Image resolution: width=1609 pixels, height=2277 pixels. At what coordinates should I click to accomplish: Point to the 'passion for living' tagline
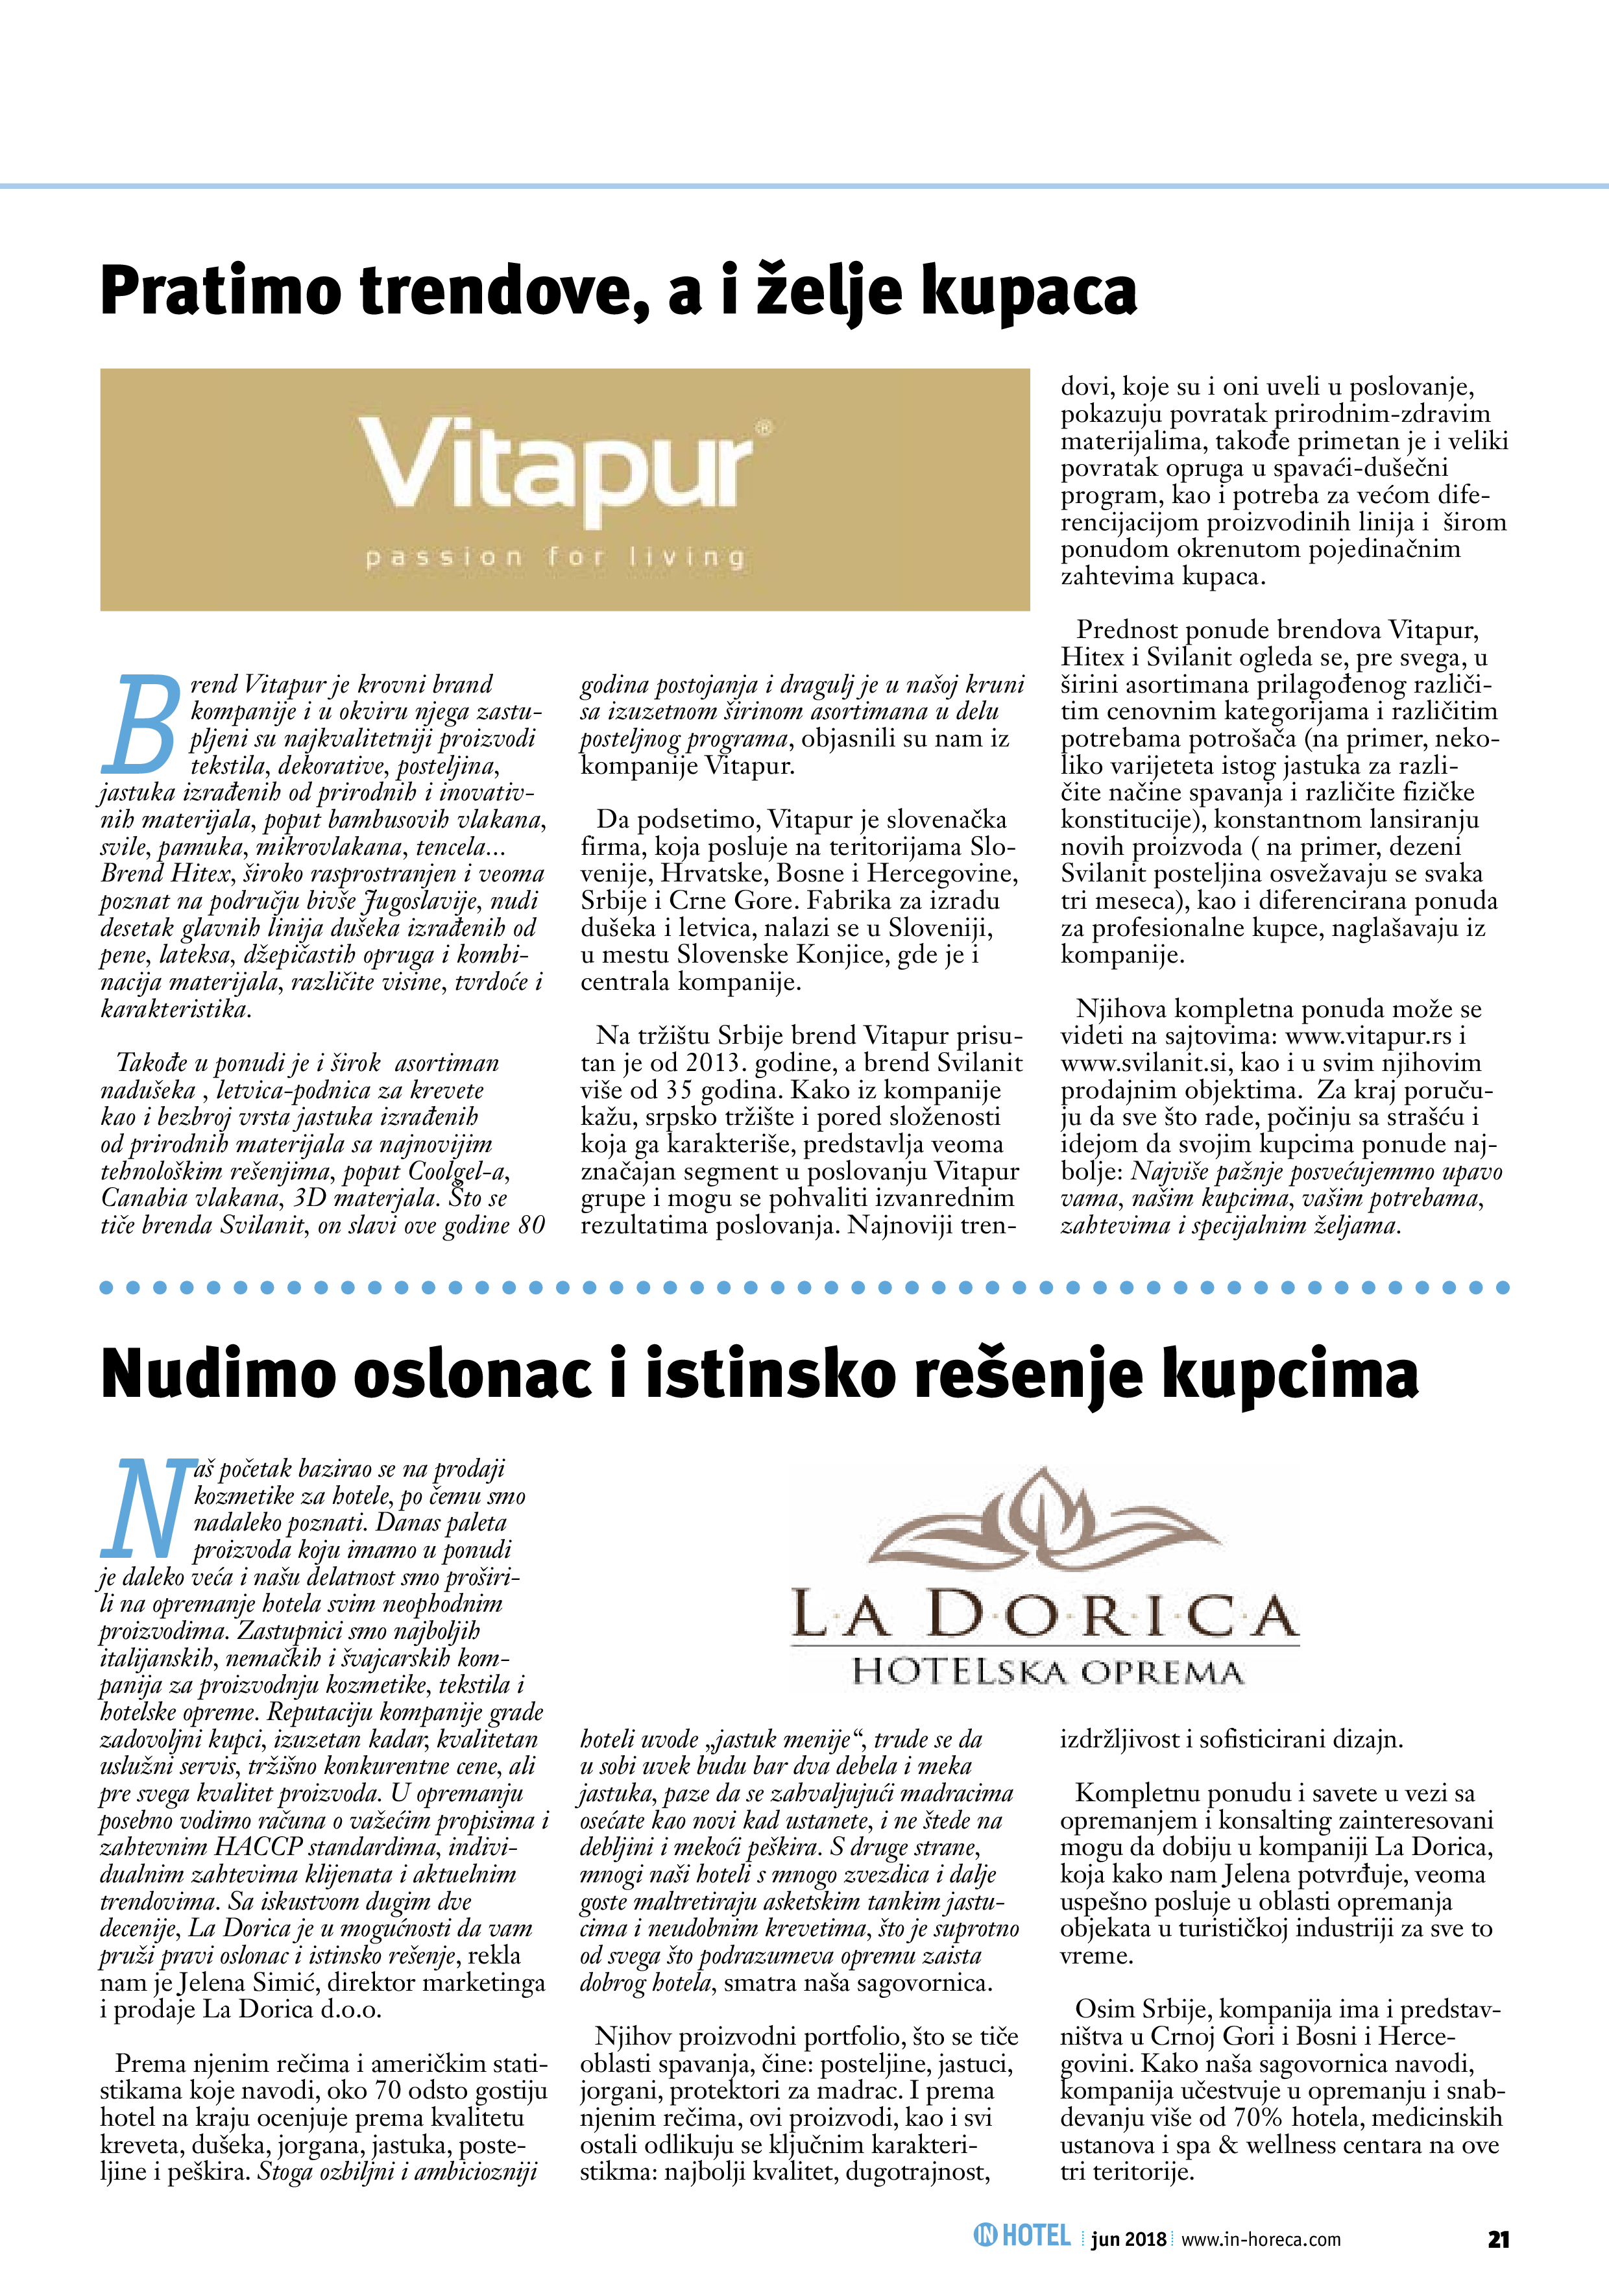[x=555, y=558]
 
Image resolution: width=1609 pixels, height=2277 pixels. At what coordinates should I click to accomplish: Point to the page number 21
[x=1498, y=2238]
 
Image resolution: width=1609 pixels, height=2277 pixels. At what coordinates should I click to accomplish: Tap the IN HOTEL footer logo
[x=1022, y=2235]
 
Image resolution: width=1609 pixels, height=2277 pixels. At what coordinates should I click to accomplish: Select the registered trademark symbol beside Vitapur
[x=764, y=428]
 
